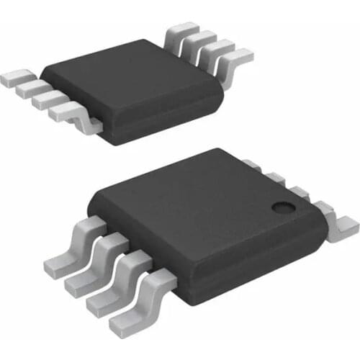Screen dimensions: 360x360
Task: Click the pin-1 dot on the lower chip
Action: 282,207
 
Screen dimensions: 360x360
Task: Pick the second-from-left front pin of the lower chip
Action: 84,276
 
